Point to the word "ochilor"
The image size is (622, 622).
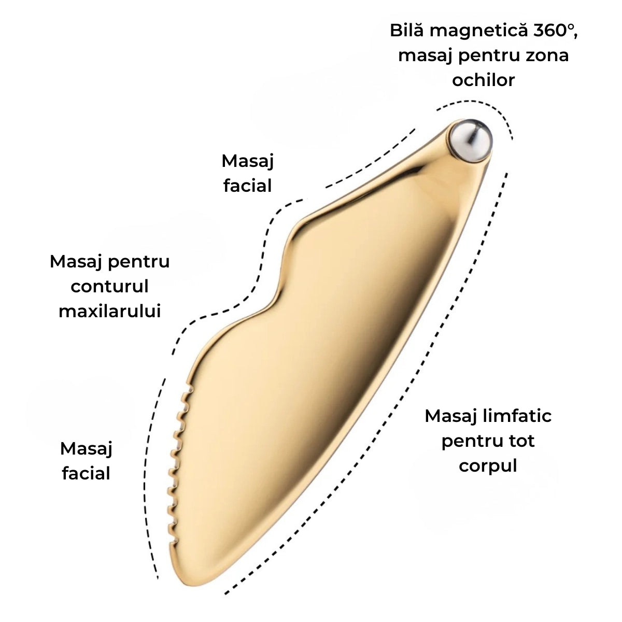click(483, 80)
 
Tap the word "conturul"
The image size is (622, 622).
click(109, 286)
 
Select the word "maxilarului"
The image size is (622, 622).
click(109, 311)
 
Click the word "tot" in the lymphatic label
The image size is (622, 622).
click(521, 441)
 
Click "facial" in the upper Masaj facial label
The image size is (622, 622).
click(247, 186)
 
